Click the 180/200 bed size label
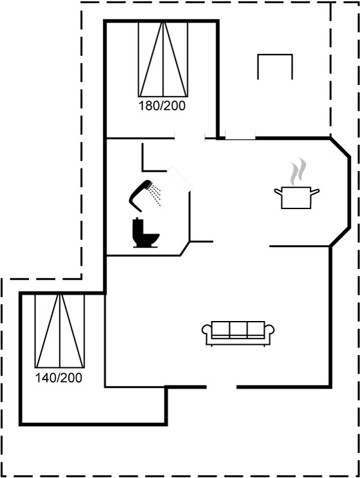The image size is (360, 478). click(162, 106)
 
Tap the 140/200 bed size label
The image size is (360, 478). click(59, 378)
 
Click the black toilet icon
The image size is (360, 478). click(145, 232)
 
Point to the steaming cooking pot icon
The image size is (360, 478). click(296, 185)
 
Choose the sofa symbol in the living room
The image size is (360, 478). click(238, 333)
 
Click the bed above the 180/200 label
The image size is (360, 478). click(163, 59)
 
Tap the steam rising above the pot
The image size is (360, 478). click(298, 171)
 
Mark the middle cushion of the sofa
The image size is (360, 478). click(238, 329)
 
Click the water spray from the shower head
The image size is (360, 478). click(156, 194)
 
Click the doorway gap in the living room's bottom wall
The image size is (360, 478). click(222, 387)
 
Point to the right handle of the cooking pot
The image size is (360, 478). click(315, 192)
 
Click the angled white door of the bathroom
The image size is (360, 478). click(181, 179)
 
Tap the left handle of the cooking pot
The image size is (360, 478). click(278, 192)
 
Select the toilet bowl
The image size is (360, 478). click(150, 239)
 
